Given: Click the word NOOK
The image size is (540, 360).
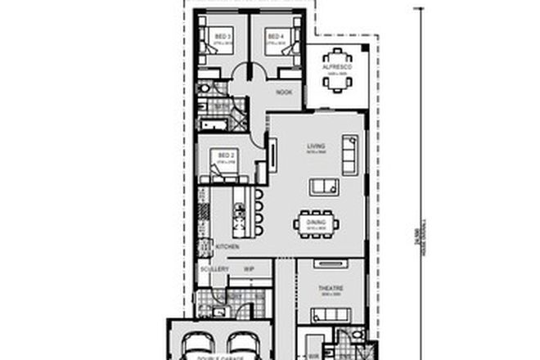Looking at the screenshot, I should (x=284, y=92).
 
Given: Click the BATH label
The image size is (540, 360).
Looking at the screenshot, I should (x=220, y=105).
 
